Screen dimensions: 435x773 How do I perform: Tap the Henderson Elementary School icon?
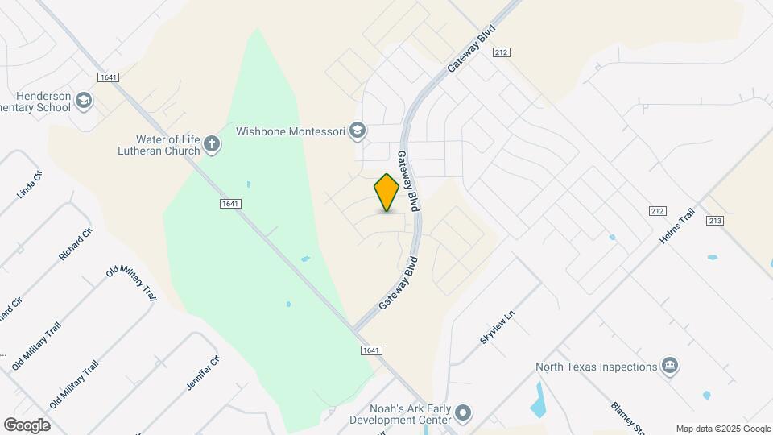pos(84,101)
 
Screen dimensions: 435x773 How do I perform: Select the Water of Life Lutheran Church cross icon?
pos(212,144)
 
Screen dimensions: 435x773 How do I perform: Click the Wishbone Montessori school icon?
pos(358,130)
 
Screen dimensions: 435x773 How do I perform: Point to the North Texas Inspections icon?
pos(669,367)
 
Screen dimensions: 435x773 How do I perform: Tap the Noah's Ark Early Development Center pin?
pos(463,414)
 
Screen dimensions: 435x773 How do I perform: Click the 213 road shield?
pos(714,220)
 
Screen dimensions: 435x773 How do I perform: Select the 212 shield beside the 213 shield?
pos(657,211)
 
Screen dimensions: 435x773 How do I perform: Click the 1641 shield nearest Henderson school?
pos(108,77)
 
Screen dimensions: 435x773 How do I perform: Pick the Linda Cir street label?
pos(29,185)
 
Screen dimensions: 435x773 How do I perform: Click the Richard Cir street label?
pos(76,243)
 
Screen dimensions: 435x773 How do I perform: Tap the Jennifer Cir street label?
pos(203,373)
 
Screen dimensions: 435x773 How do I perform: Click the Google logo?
pos(27,425)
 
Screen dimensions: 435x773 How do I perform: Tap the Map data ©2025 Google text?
pos(723,429)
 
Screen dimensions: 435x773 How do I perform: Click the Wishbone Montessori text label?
pos(290,130)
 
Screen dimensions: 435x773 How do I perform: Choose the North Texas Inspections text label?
pos(597,367)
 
